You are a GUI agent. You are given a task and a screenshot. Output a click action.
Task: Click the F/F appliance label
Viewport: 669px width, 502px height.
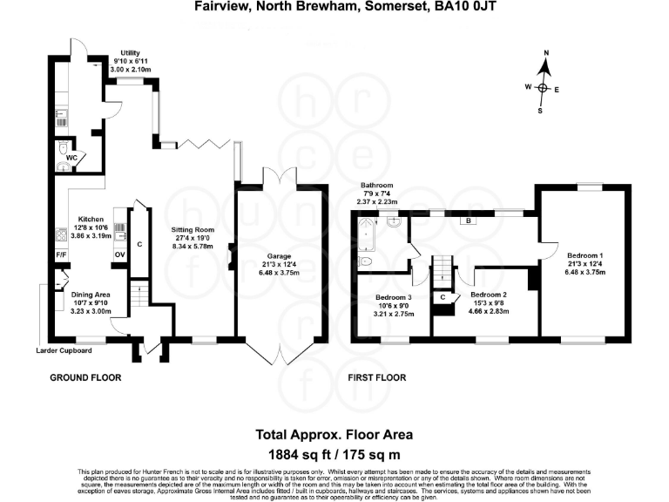(x=61, y=254)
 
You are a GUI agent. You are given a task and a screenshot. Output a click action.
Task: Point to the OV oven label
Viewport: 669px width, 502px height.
(x=119, y=254)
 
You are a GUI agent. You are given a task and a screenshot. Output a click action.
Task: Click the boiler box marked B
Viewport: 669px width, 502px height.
(x=469, y=221)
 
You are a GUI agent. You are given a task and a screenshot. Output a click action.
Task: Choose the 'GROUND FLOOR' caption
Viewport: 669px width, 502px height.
(x=84, y=378)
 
